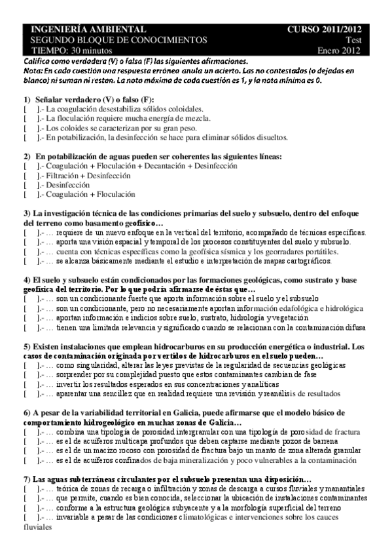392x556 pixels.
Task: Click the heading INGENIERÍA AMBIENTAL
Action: click(84, 30)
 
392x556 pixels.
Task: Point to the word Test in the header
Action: click(354, 40)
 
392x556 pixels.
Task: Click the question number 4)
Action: click(27, 280)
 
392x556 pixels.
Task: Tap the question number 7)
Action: click(27, 480)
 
